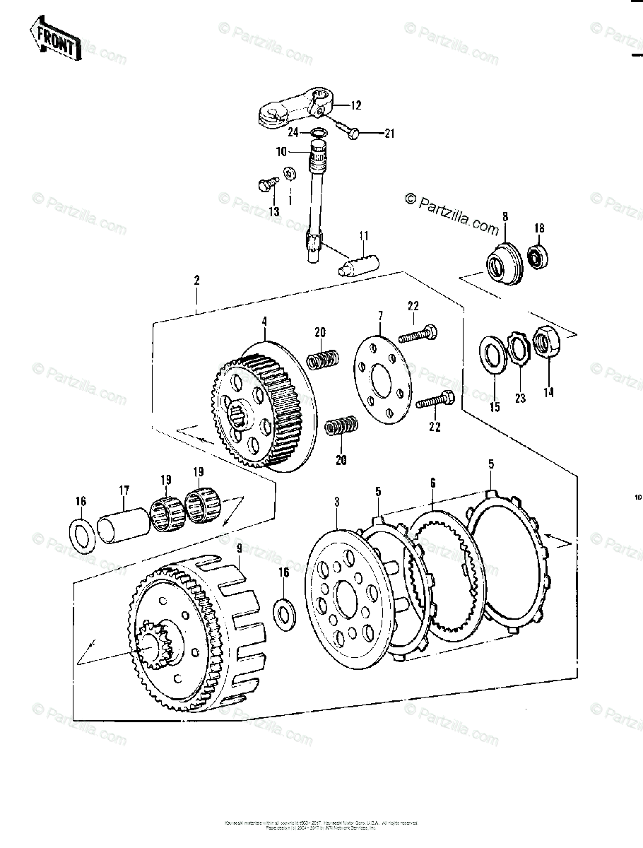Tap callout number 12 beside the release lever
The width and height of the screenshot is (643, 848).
tap(355, 105)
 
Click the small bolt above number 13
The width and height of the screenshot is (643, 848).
tap(266, 184)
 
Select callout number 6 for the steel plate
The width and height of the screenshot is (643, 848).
tap(432, 483)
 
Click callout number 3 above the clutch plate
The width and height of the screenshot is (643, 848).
tap(337, 502)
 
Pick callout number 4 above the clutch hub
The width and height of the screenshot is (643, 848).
tap(264, 321)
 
